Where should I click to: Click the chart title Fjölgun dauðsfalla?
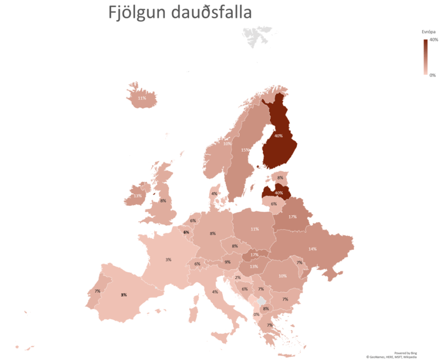[180, 13]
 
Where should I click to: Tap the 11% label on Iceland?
[142, 98]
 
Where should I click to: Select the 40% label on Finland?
[279, 136]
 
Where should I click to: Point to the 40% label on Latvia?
[279, 193]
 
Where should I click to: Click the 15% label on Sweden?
[245, 150]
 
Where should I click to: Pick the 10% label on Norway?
[228, 143]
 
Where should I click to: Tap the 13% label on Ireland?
[137, 196]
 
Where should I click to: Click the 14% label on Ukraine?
[312, 248]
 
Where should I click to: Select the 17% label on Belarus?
[292, 217]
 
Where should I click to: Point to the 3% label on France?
[168, 259]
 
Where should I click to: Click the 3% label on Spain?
[124, 295]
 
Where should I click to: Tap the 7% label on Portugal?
[97, 291]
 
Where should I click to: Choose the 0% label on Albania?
[257, 314]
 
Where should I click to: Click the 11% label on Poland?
[254, 229]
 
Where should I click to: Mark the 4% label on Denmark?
[214, 194]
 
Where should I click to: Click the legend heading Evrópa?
[428, 32]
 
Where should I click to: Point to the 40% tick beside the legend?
[434, 40]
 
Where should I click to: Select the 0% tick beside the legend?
[433, 75]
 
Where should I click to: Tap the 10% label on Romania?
[283, 276]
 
